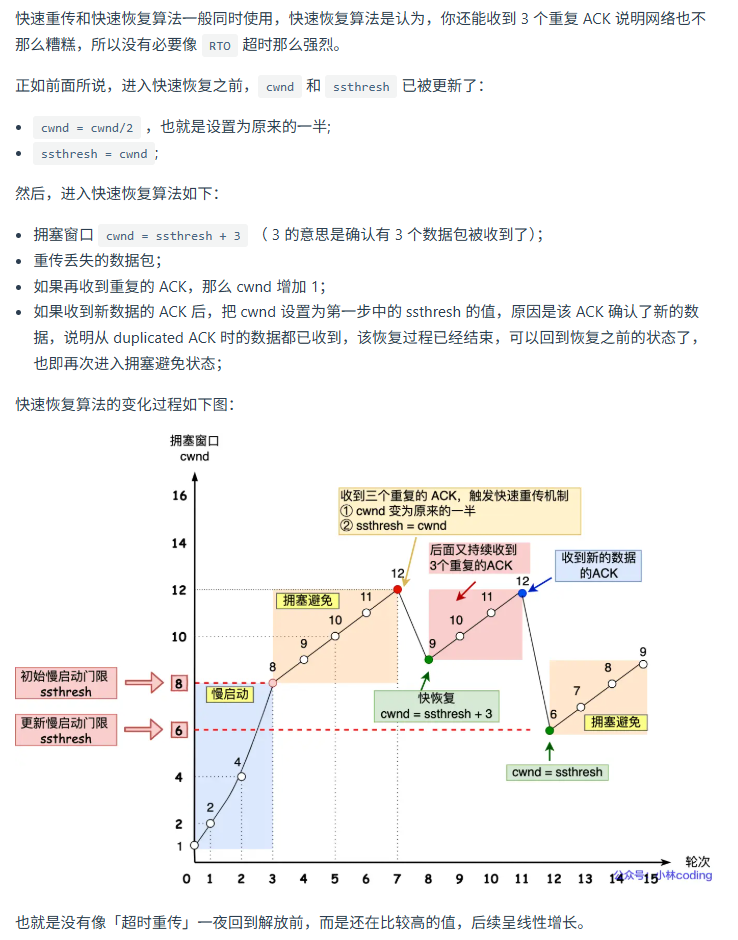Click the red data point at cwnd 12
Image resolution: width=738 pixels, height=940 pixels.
[398, 590]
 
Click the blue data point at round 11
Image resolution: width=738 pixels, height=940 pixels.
[522, 594]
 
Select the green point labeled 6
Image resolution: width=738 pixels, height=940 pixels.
[550, 730]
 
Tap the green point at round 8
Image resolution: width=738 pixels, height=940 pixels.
[429, 659]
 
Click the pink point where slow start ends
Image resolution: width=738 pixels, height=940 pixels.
[272, 683]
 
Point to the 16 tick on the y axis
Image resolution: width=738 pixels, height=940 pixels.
[180, 496]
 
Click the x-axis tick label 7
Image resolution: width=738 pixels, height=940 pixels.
[397, 879]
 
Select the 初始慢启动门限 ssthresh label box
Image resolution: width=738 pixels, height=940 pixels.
[66, 684]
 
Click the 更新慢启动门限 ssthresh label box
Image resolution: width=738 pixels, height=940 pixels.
[66, 730]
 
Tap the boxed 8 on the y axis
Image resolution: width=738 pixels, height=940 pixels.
[179, 684]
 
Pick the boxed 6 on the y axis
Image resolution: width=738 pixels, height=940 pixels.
[179, 731]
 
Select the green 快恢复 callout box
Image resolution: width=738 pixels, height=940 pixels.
[437, 706]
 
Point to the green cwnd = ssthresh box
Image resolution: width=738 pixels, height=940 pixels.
[557, 772]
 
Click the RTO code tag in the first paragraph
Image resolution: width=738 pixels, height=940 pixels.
[219, 46]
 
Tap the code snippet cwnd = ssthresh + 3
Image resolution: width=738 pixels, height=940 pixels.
[173, 236]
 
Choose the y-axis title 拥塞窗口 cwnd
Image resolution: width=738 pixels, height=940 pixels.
[193, 448]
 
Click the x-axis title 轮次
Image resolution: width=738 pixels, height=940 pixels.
[697, 861]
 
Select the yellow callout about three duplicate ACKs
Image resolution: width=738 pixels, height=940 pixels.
[460, 510]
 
